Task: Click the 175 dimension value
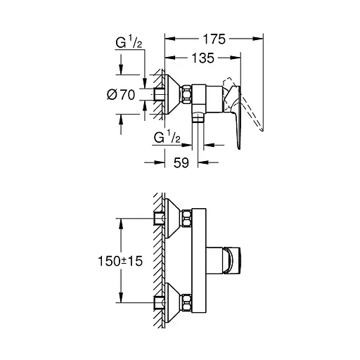click(x=212, y=40)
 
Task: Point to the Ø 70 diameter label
click(x=122, y=94)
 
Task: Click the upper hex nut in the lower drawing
click(x=188, y=219)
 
